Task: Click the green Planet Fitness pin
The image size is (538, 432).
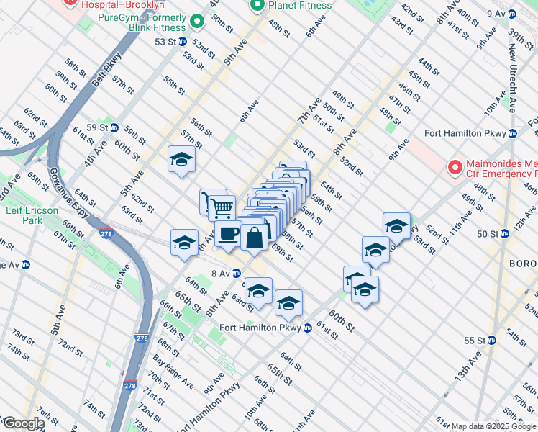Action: point(257,6)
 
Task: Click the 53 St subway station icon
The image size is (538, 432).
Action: point(183,42)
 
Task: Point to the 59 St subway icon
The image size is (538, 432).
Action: point(111,127)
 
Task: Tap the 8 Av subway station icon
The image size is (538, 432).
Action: point(236,274)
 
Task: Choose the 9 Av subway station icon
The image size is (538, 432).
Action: point(511,14)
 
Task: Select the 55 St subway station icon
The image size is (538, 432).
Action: point(493,341)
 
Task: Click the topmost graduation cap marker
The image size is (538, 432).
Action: point(182,159)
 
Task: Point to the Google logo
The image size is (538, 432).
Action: point(24,423)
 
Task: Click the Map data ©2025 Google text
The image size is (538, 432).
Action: point(493,426)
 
